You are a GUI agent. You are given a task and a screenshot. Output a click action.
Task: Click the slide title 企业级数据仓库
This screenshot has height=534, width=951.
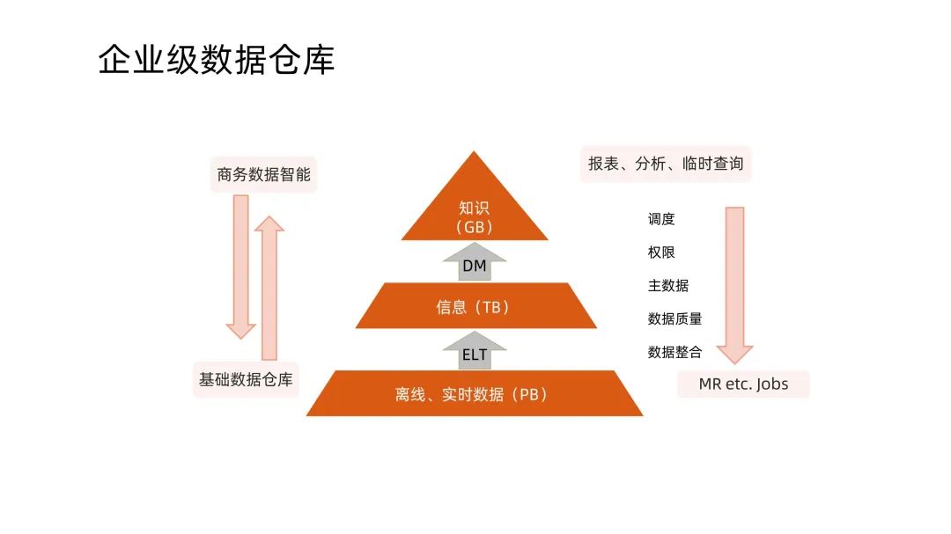pos(216,60)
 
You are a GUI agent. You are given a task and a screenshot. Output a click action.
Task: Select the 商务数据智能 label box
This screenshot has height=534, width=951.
pos(263,174)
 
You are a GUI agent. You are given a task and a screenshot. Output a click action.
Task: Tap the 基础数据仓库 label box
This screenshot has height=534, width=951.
pos(246,380)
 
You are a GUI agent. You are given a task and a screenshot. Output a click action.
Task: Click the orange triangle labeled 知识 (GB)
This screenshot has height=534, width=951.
pos(475,207)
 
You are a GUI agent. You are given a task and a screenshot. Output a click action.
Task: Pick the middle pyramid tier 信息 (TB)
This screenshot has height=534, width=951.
pos(475,307)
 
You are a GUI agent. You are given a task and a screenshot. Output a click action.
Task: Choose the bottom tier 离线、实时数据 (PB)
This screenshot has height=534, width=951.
pos(474,394)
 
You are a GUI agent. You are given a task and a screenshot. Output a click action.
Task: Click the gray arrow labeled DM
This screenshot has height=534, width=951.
pos(475,264)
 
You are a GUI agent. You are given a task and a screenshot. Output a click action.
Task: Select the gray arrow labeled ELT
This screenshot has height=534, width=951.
pos(475,352)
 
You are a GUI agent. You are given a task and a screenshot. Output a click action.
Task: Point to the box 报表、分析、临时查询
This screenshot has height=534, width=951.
pos(666,164)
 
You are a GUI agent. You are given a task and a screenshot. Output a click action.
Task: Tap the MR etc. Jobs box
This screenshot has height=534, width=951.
pos(743,384)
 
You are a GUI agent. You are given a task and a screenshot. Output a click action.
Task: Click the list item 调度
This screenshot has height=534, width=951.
pos(661,219)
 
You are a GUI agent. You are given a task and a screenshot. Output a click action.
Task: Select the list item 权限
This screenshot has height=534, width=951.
pos(661,252)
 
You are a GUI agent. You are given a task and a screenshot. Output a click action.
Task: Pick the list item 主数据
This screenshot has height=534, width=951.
pos(668,286)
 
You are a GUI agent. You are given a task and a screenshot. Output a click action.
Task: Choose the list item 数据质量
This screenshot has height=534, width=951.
pos(675,318)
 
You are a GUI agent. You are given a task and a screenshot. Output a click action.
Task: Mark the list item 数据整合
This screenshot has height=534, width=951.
pos(675,352)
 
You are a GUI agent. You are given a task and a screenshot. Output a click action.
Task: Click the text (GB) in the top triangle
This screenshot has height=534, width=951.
pos(475,226)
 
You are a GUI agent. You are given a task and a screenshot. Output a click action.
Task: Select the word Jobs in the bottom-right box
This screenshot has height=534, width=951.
pos(772,384)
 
